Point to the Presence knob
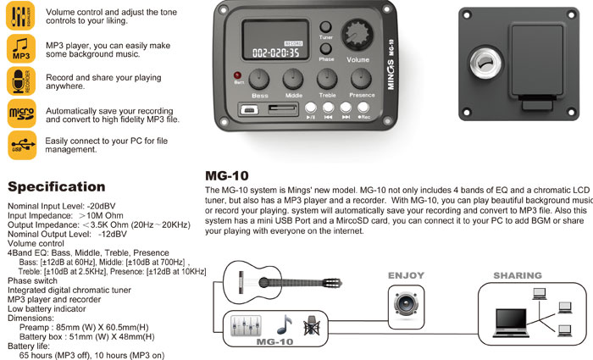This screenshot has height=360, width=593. pos(360,80)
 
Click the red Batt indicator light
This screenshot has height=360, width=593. pos(239,76)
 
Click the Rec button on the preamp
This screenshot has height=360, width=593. pos(363,108)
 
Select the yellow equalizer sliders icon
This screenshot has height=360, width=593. pos(21,17)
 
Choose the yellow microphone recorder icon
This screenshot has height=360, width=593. pos(21,81)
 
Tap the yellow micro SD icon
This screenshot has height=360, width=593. pos(21,113)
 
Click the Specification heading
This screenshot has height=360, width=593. pos(56,186)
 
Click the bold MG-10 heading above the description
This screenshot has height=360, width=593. pos(226,175)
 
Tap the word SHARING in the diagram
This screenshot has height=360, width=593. pos(517,276)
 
